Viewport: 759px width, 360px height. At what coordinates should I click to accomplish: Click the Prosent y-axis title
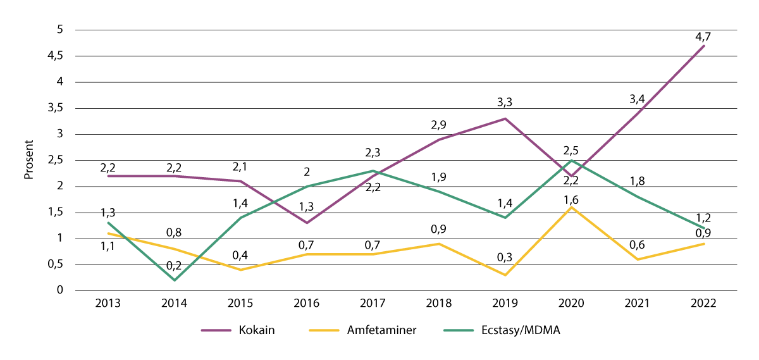pos(28,160)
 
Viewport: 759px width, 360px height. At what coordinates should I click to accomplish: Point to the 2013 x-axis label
pos(108,304)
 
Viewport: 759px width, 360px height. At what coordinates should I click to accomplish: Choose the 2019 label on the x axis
pos(505,304)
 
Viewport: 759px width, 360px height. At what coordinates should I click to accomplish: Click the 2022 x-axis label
pos(704,304)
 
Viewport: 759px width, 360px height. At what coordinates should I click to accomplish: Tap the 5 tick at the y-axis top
pos(60,30)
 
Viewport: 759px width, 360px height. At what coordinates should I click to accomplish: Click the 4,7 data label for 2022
pos(704,35)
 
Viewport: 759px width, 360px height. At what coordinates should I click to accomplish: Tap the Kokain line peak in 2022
pos(704,46)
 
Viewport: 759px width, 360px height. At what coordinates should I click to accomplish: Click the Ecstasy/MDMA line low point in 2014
pos(175,280)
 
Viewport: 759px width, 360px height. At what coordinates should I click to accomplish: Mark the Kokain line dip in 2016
pos(307,223)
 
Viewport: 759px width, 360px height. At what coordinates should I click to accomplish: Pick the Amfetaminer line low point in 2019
pos(505,275)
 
